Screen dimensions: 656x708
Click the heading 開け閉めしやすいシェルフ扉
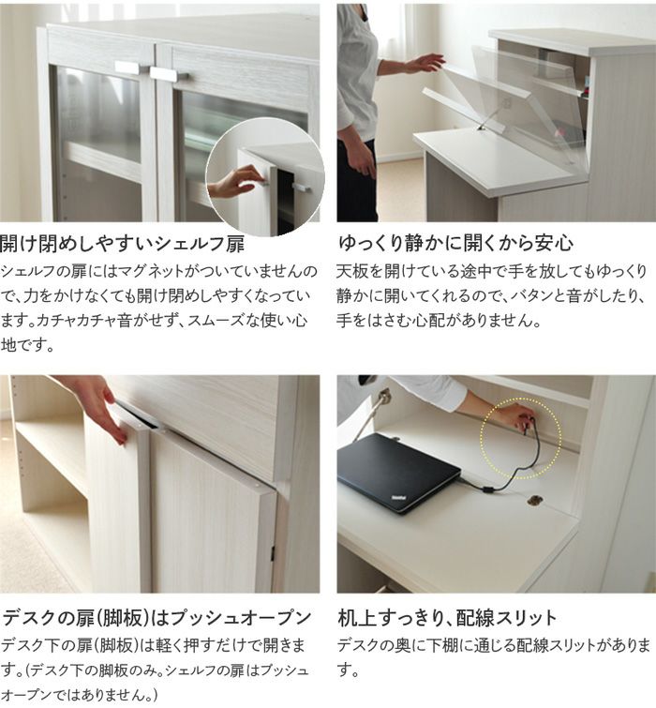point(122,244)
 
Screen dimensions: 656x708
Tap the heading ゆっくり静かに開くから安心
point(455,244)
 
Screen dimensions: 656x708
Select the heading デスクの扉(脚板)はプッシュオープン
point(157,618)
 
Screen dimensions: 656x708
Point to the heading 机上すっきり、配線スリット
point(447,618)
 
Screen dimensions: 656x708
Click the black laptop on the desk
point(399,473)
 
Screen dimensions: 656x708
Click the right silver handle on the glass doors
point(169,74)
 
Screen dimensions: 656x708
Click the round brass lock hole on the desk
point(535,500)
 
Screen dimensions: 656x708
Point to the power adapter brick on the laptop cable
point(488,489)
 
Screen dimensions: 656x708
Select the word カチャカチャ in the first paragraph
point(77,321)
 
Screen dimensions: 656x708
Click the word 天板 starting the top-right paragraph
point(352,272)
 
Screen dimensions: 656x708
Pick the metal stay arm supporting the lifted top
point(489,117)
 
